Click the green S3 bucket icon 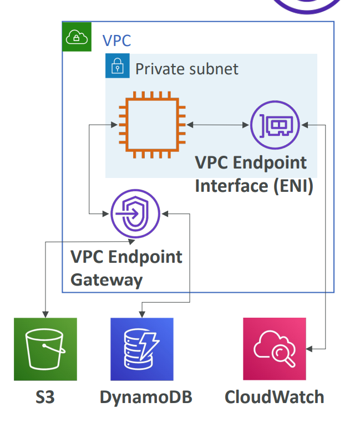pyautogui.click(x=45, y=349)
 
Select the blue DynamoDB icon pyautogui.click(x=142, y=349)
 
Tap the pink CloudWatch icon pyautogui.click(x=275, y=349)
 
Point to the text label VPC pyautogui.click(x=117, y=40)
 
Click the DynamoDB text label pyautogui.click(x=146, y=397)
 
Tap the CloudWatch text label pyautogui.click(x=274, y=397)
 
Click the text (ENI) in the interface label pyautogui.click(x=293, y=185)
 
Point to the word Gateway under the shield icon pyautogui.click(x=107, y=279)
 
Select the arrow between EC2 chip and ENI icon pyautogui.click(x=217, y=126)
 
